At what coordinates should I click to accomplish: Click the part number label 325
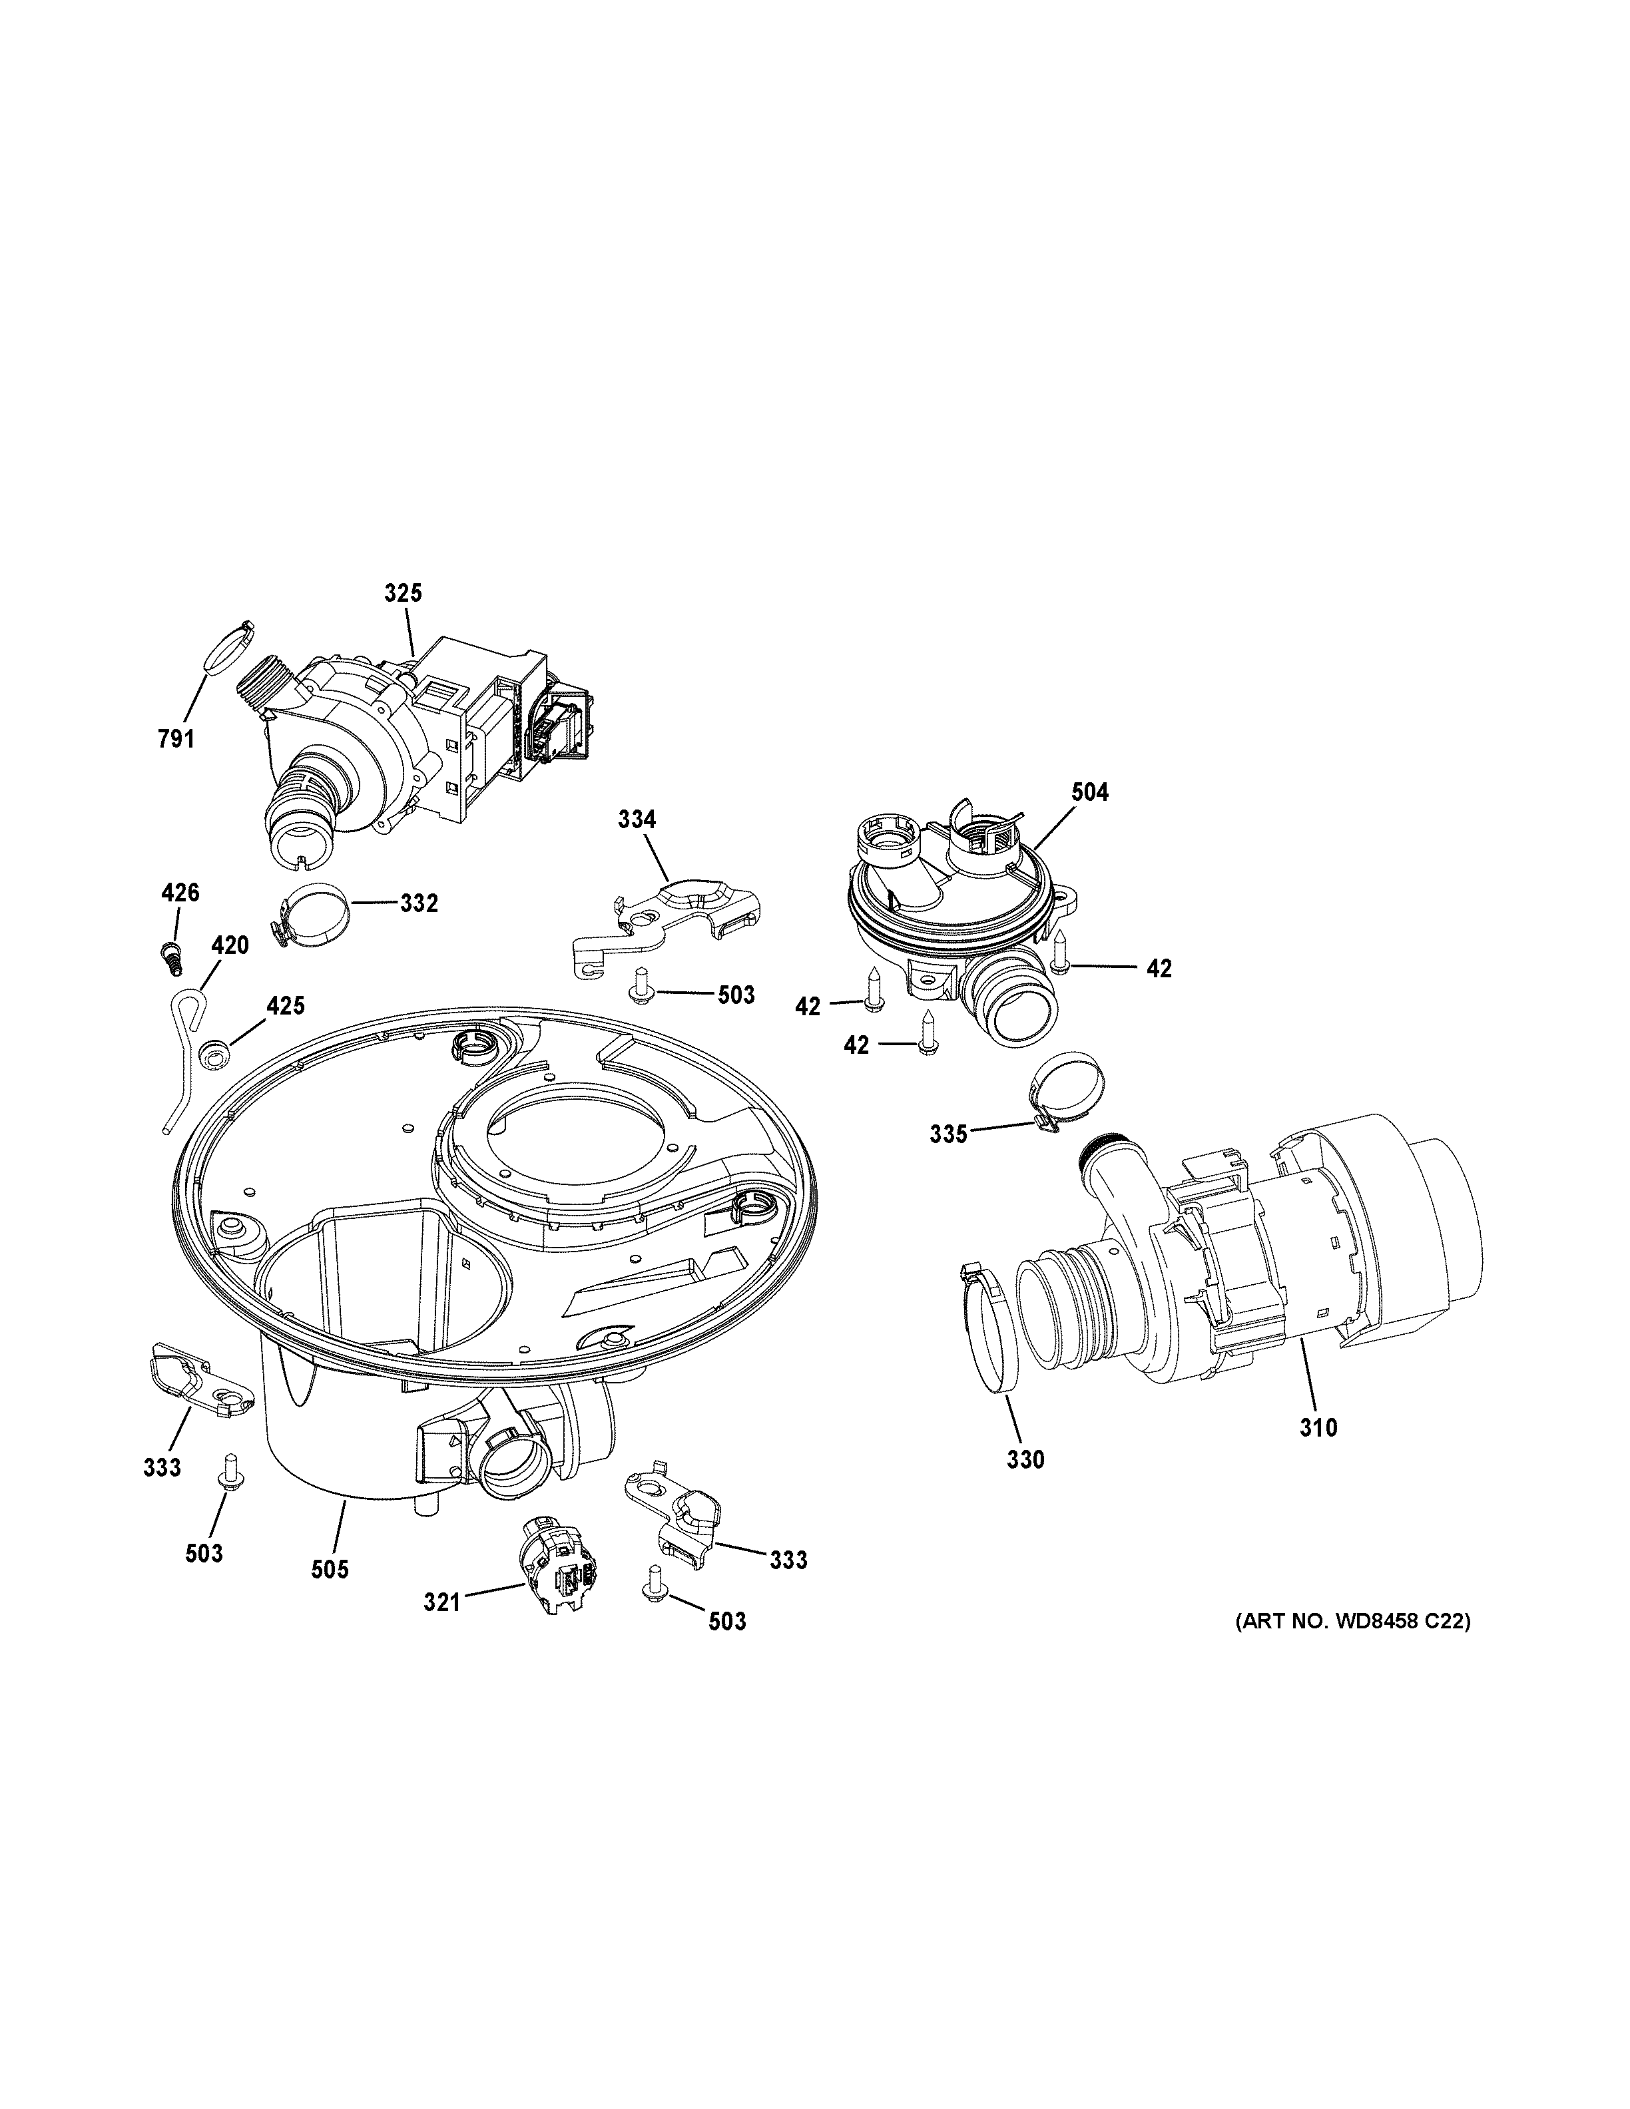click(403, 593)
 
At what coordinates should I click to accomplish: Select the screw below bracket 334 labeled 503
click(639, 988)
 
